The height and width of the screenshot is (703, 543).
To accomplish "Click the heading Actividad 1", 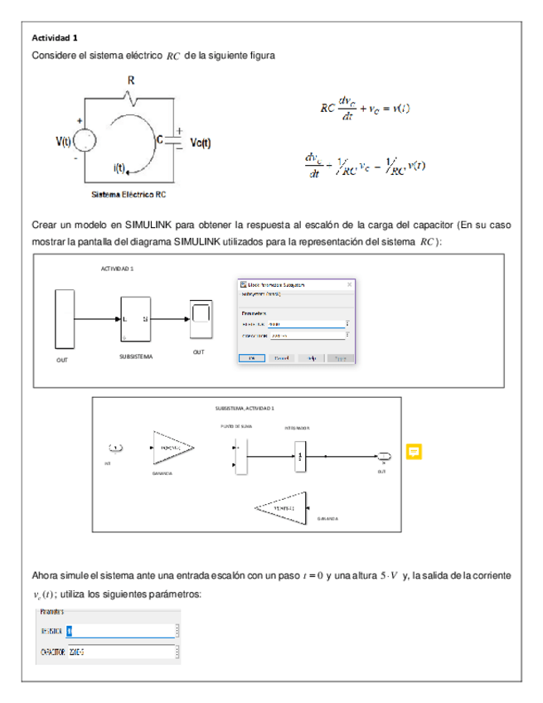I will (55, 38).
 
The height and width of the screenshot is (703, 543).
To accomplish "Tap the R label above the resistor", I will (130, 80).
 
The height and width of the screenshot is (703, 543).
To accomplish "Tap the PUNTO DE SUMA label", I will (236, 426).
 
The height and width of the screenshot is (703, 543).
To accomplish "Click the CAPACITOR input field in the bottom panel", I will (122, 652).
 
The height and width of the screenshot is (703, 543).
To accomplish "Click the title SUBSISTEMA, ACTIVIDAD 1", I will (245, 409).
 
